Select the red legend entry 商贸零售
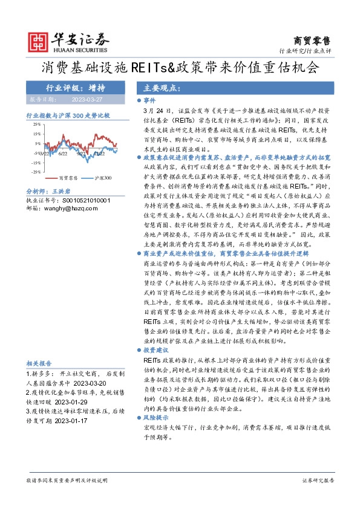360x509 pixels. (x=69, y=178)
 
